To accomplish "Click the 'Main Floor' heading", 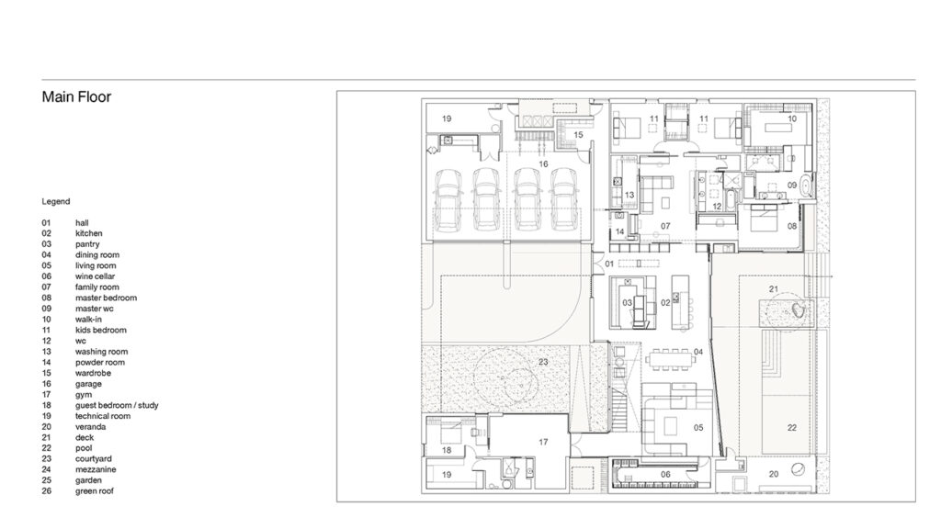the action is click(76, 96).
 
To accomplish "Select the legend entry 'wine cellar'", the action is click(95, 276).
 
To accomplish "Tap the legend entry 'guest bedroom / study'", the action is click(117, 405).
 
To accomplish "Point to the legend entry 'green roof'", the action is click(95, 491).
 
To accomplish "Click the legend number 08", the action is click(46, 298).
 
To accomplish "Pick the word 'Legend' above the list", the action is click(56, 201).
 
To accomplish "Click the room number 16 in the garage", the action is click(543, 163).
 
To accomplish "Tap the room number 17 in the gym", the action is click(543, 442).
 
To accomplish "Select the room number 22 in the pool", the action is click(792, 428).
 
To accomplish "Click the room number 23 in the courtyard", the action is click(543, 362).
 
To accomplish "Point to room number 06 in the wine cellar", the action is click(665, 475).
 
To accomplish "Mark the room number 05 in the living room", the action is click(698, 428).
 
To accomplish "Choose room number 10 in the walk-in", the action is click(792, 118).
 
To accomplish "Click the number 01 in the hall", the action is click(609, 264).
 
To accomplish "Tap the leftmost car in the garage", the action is click(448, 199).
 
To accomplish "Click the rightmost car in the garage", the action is click(564, 199).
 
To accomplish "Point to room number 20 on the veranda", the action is click(774, 474).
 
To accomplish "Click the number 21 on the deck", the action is click(774, 289).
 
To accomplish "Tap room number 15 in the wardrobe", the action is click(579, 135).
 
